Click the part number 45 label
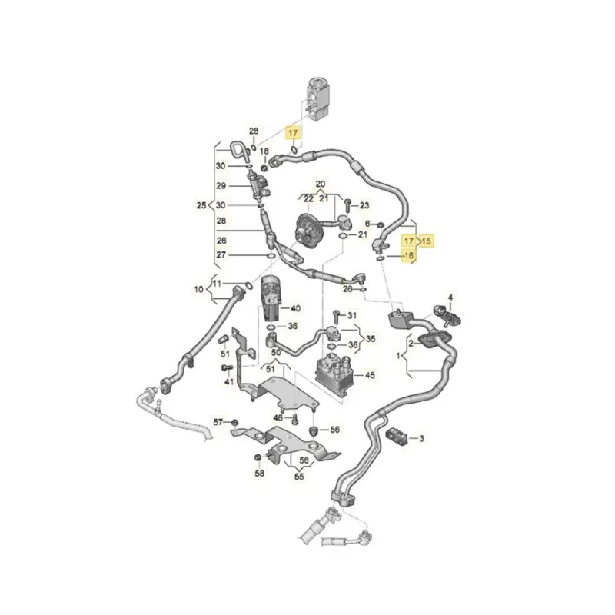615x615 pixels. click(371, 376)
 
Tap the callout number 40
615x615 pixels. click(295, 308)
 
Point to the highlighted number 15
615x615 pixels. click(427, 241)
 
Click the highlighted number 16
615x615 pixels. click(408, 256)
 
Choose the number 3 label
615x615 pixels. click(421, 438)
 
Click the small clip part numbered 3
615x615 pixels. click(397, 435)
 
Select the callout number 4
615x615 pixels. click(451, 297)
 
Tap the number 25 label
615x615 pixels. click(202, 206)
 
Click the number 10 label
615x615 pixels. click(198, 290)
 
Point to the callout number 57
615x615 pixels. click(218, 422)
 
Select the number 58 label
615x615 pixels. click(259, 474)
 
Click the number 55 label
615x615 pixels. click(299, 477)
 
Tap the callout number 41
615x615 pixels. click(228, 382)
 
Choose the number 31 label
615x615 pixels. click(352, 316)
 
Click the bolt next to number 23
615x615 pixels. click(347, 204)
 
